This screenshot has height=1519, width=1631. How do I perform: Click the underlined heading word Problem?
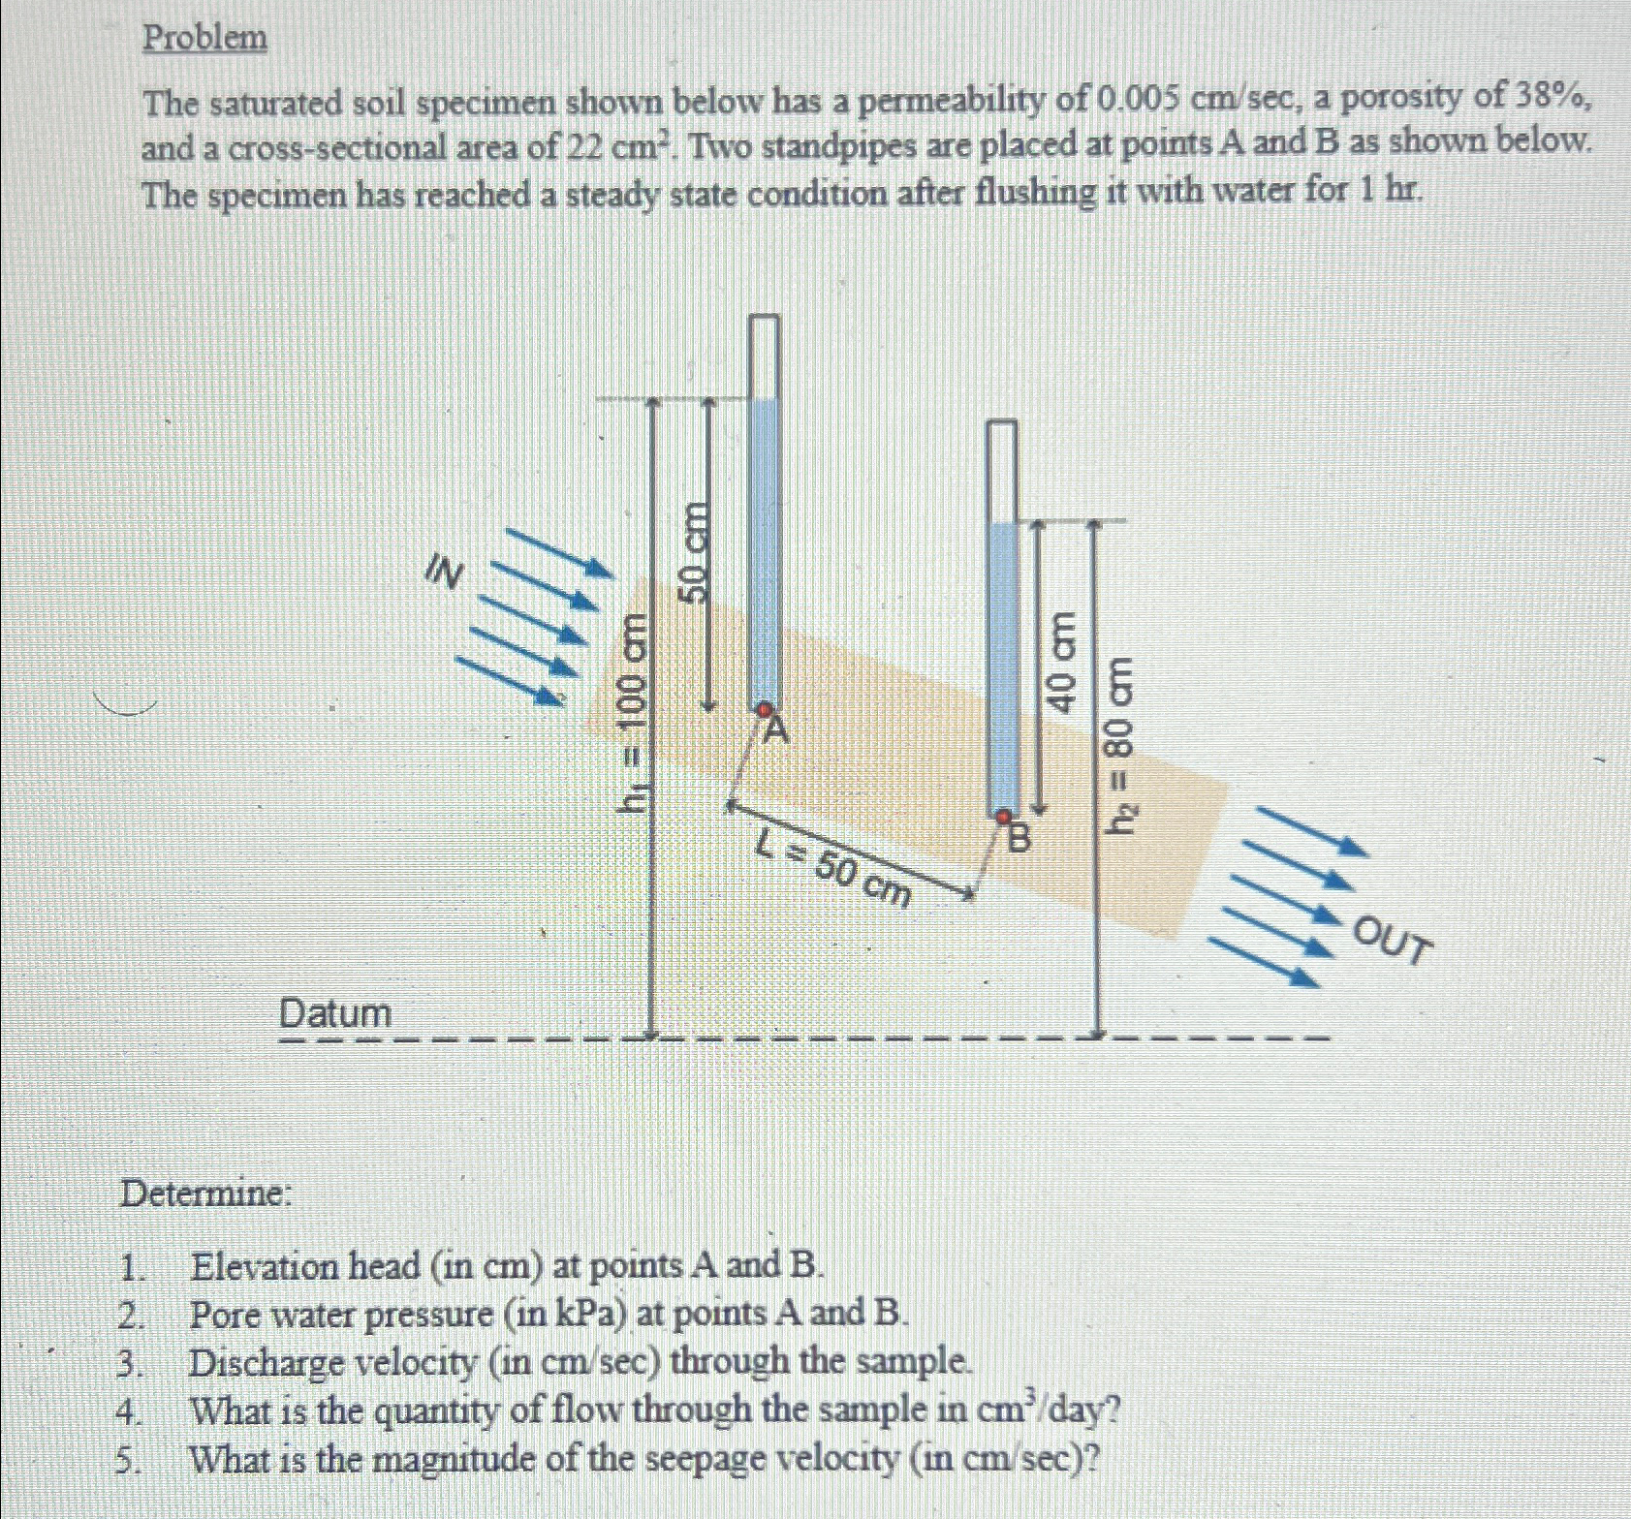(204, 38)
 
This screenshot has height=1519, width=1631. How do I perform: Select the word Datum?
(335, 1013)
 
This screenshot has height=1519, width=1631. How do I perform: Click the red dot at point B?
(1005, 818)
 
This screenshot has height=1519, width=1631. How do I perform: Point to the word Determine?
(204, 1193)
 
